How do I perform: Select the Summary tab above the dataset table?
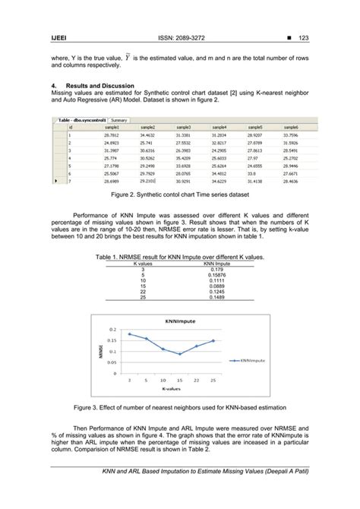(120, 119)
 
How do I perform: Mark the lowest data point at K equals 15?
(180, 354)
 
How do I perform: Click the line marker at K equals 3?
(130, 334)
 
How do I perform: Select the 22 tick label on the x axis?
(196, 378)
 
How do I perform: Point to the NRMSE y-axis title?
(99, 351)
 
